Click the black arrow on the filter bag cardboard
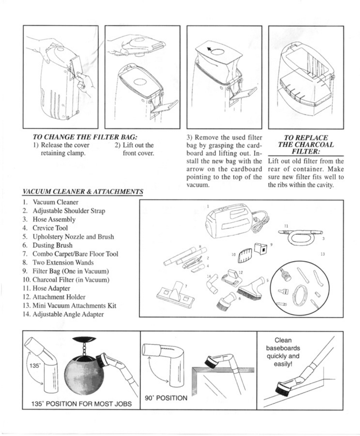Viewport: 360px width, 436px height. coord(209,49)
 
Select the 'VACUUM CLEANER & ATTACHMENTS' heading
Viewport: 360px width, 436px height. coord(83,192)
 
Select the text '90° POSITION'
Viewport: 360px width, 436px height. coord(166,398)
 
